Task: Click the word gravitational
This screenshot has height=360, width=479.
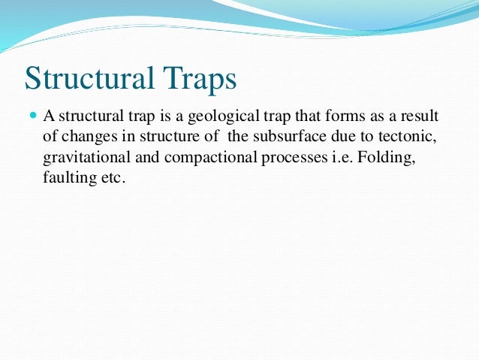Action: [x=81, y=160]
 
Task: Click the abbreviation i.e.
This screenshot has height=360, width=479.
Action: [x=321, y=160]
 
